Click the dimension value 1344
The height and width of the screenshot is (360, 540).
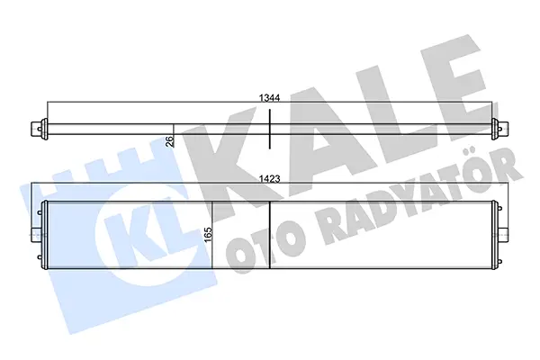(269, 98)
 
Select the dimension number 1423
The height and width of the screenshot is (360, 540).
(269, 179)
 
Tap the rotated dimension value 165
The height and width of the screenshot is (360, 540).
(208, 234)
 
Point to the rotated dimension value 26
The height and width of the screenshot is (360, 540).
(169, 141)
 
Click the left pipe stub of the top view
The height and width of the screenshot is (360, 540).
(36, 129)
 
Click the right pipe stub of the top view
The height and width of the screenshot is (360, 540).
(503, 129)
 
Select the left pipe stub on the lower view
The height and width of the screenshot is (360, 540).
(36, 235)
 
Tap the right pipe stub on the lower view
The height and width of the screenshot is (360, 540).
(504, 235)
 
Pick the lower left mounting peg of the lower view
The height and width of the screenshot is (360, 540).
(39, 257)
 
